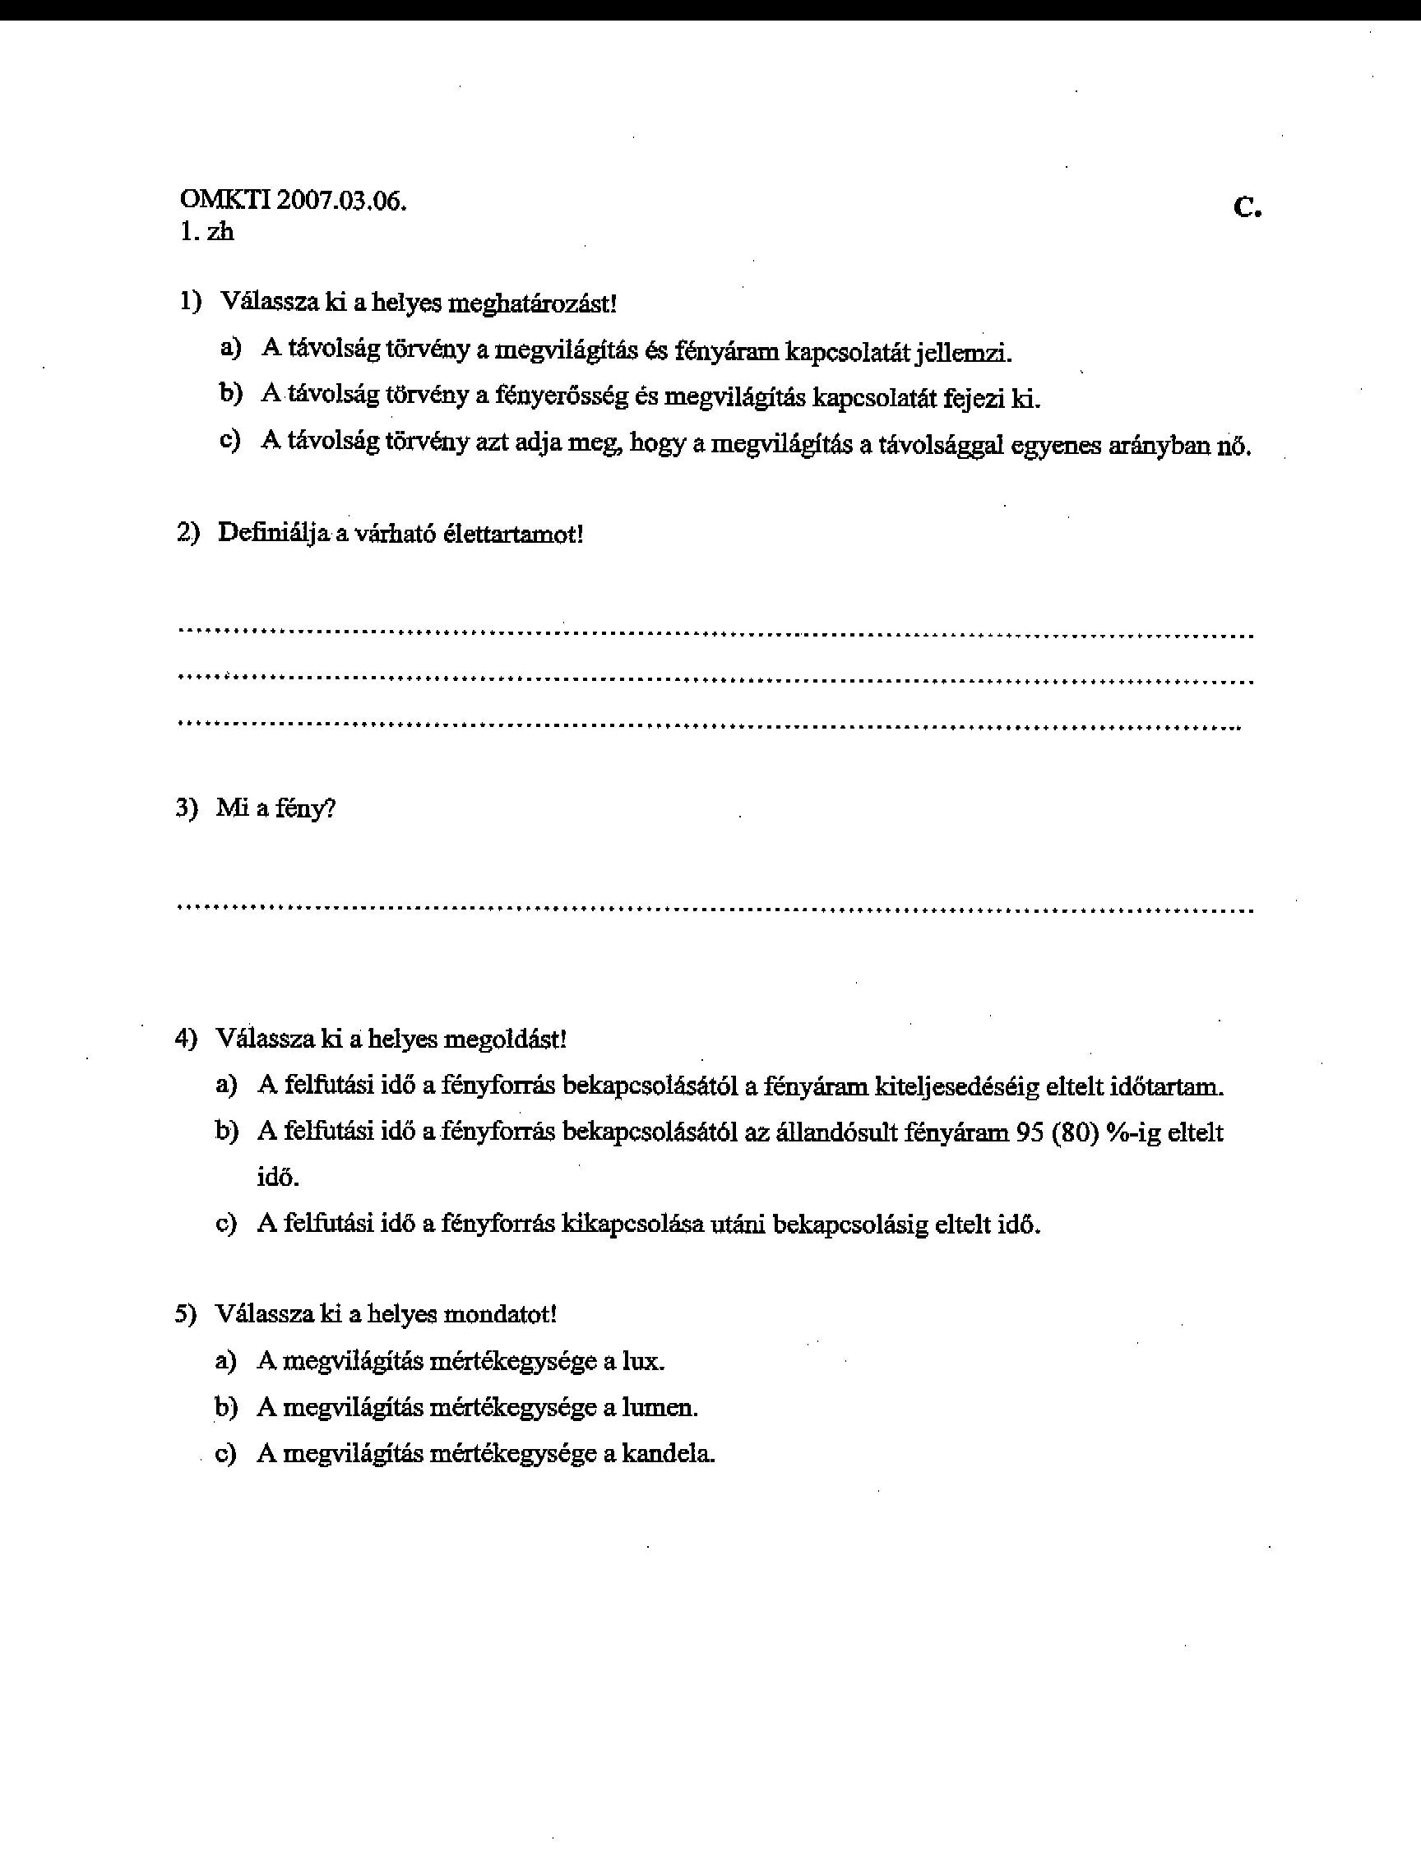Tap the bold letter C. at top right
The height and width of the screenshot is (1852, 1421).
click(1247, 206)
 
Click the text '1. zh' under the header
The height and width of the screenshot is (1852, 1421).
click(206, 232)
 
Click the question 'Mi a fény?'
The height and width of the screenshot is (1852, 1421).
click(275, 808)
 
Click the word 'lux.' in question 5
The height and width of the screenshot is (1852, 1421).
click(644, 1361)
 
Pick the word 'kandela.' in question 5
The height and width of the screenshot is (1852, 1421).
click(669, 1454)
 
